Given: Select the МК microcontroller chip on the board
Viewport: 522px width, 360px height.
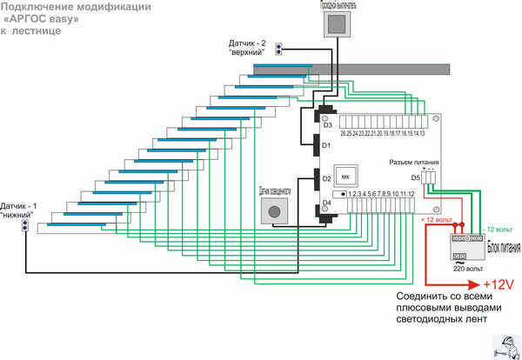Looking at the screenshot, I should point(345,177).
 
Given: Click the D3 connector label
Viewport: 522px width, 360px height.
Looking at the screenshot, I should point(327,125).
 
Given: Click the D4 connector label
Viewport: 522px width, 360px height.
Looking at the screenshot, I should point(327,203).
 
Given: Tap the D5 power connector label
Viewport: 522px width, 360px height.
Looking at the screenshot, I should point(416,178).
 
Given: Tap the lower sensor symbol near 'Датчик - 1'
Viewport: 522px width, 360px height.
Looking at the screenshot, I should point(28,226).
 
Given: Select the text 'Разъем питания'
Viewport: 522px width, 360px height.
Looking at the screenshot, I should point(412,163).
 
